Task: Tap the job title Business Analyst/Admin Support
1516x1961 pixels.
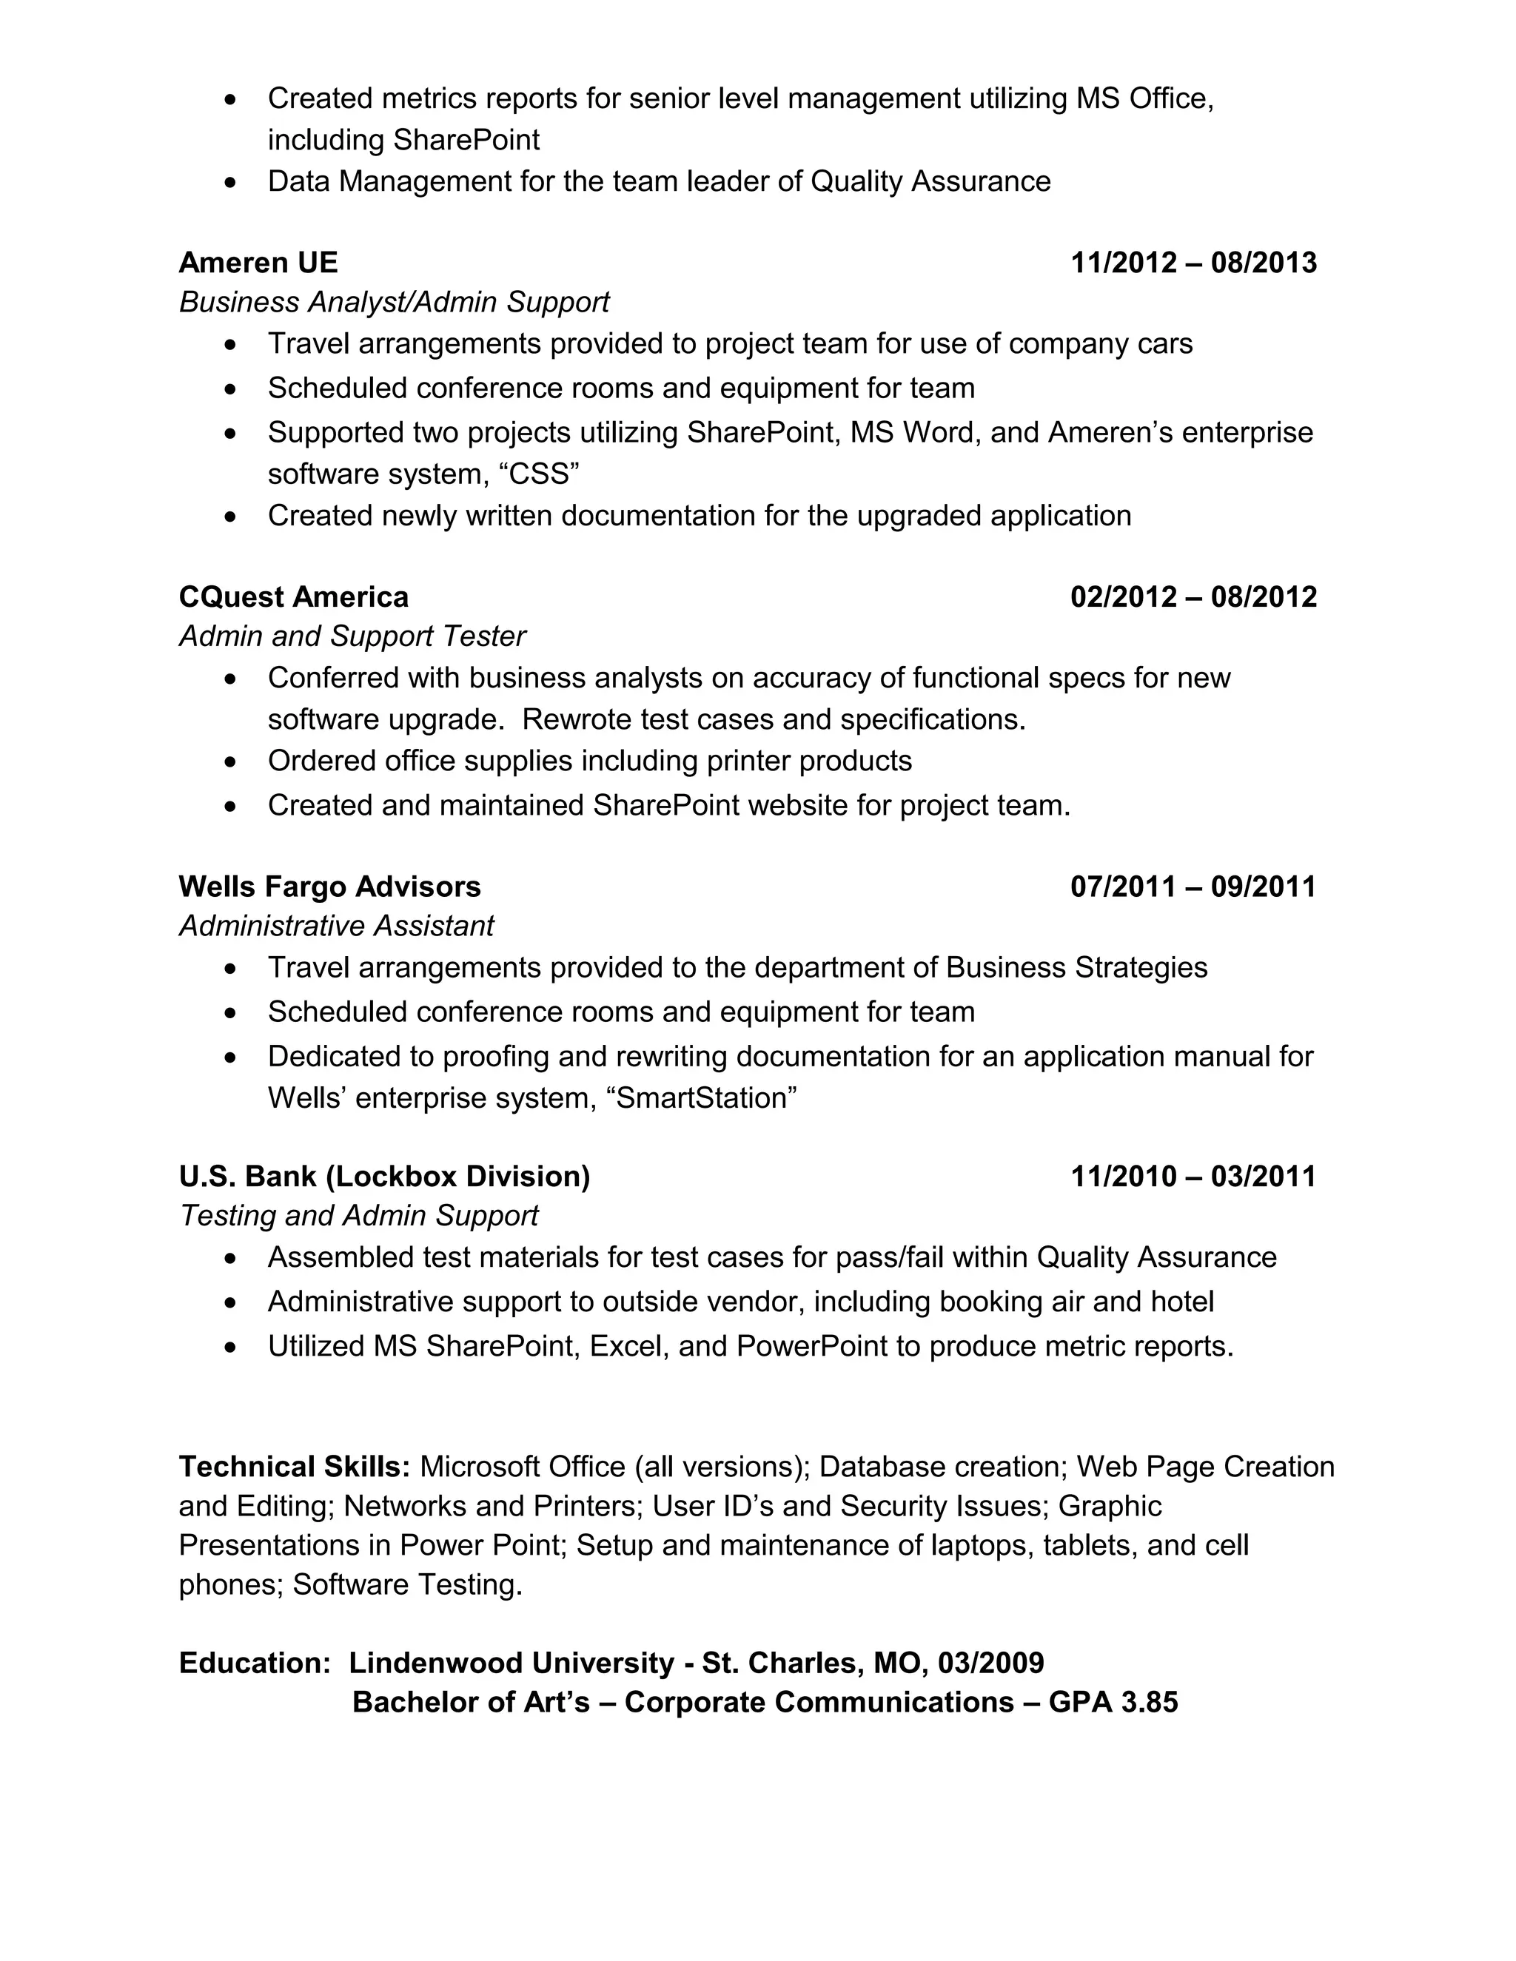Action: click(395, 302)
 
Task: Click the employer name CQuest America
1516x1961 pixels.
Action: click(294, 596)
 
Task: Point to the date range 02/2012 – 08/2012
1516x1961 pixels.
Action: click(1193, 596)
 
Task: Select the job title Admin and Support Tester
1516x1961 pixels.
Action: click(352, 636)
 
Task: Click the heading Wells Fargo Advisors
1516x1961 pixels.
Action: click(329, 887)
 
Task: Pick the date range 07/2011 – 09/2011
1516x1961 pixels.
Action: click(1193, 887)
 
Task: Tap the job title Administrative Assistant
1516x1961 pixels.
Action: click(337, 926)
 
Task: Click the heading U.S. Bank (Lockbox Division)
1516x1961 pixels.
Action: click(384, 1177)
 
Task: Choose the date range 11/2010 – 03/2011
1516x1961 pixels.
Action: click(1193, 1177)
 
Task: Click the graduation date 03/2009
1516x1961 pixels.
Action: click(990, 1663)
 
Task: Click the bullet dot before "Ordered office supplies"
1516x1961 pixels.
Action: click(232, 762)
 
